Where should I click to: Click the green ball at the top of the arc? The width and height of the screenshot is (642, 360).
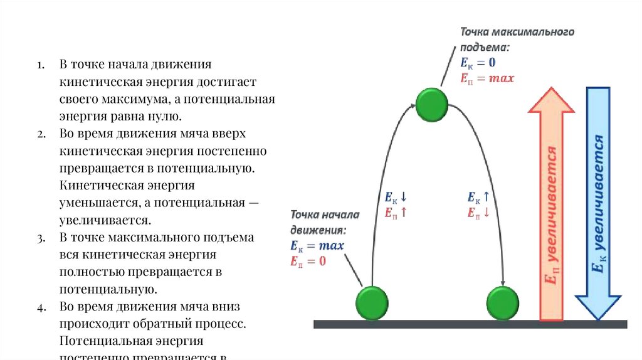(432, 104)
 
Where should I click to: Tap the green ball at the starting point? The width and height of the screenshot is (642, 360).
(372, 303)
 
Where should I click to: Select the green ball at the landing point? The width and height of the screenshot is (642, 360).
(503, 303)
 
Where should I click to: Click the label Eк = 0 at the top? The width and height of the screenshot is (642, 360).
(478, 63)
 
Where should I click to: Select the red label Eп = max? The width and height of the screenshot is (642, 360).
(487, 78)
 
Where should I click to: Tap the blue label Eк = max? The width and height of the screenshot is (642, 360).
(317, 245)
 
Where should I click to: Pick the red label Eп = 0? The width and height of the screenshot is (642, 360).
(308, 261)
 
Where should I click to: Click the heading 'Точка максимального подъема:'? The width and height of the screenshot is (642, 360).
(517, 40)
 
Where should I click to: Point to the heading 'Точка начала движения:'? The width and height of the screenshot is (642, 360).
(324, 222)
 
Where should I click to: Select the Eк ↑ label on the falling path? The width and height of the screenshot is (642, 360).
(478, 197)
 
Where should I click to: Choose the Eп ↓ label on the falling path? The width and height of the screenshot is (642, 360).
(478, 212)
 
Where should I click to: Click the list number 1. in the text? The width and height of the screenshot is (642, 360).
(39, 66)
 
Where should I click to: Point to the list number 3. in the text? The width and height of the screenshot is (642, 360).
(39, 239)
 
